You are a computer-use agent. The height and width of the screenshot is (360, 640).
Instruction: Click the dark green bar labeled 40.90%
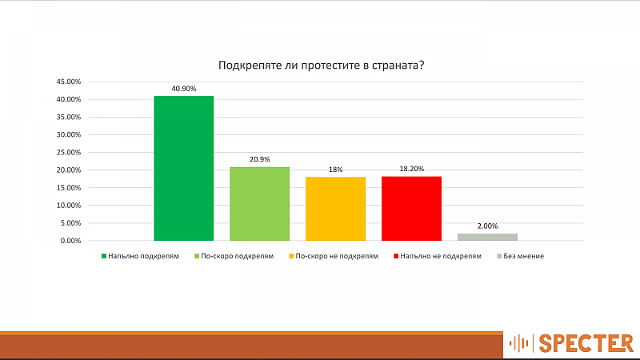pyautogui.click(x=184, y=168)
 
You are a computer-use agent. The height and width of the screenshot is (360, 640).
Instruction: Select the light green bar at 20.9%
pyautogui.click(x=259, y=204)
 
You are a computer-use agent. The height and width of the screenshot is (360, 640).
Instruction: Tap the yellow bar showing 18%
pyautogui.click(x=335, y=209)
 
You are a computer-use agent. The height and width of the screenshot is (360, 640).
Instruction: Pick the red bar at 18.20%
pyautogui.click(x=411, y=208)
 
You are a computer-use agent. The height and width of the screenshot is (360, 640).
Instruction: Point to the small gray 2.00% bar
pyautogui.click(x=487, y=237)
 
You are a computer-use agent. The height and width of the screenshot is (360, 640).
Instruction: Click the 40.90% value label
pyautogui.click(x=184, y=89)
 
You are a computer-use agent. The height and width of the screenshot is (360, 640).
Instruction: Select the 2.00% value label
pyautogui.click(x=487, y=226)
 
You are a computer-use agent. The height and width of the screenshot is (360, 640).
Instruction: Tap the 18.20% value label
pyautogui.click(x=411, y=169)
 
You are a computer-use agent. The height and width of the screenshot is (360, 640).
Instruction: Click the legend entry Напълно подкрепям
pyautogui.click(x=141, y=256)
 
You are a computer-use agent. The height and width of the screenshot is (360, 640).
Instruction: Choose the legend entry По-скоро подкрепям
pyautogui.click(x=234, y=256)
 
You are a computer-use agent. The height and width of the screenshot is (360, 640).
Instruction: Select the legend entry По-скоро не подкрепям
pyautogui.click(x=334, y=256)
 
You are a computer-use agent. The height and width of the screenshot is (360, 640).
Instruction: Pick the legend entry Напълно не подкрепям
pyautogui.click(x=438, y=256)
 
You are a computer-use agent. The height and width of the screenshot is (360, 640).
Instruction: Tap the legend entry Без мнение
pyautogui.click(x=521, y=256)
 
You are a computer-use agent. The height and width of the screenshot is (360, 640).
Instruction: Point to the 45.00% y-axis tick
pyautogui.click(x=69, y=82)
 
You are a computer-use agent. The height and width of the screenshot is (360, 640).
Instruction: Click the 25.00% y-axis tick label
pyautogui.click(x=69, y=152)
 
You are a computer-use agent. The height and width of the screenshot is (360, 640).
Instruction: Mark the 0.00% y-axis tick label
pyautogui.click(x=70, y=241)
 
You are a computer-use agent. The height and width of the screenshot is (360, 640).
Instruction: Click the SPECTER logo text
pyautogui.click(x=586, y=343)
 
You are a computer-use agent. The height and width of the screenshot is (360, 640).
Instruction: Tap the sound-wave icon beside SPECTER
pyautogui.click(x=518, y=343)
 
